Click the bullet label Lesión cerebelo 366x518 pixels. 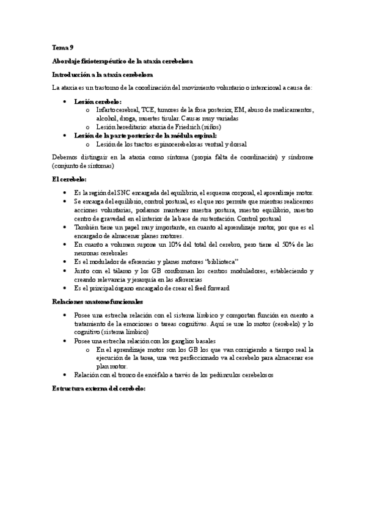pyautogui.click(x=97, y=101)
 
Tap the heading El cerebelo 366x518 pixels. pyautogui.click(x=70, y=179)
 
